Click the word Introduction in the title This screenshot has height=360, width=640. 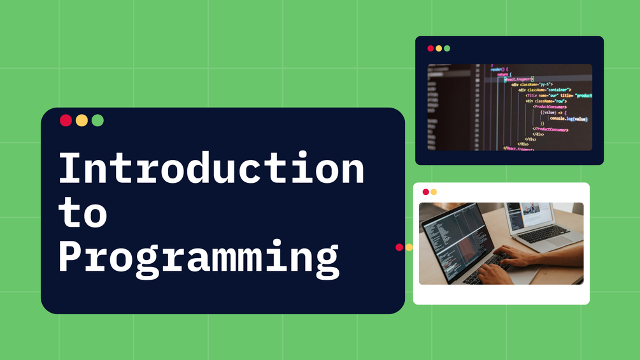point(211,168)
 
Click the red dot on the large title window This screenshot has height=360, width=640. point(66,120)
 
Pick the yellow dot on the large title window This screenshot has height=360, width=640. point(82,120)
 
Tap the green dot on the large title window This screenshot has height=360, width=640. point(97,120)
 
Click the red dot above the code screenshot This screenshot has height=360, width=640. point(430,48)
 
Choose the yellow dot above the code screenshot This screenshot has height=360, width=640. point(439,48)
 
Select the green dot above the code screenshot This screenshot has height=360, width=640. point(447,48)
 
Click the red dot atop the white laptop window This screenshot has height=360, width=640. point(425,192)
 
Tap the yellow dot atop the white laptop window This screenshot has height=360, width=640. point(434,192)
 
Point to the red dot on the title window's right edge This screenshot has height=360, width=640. point(399,247)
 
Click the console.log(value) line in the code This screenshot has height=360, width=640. point(568,119)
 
